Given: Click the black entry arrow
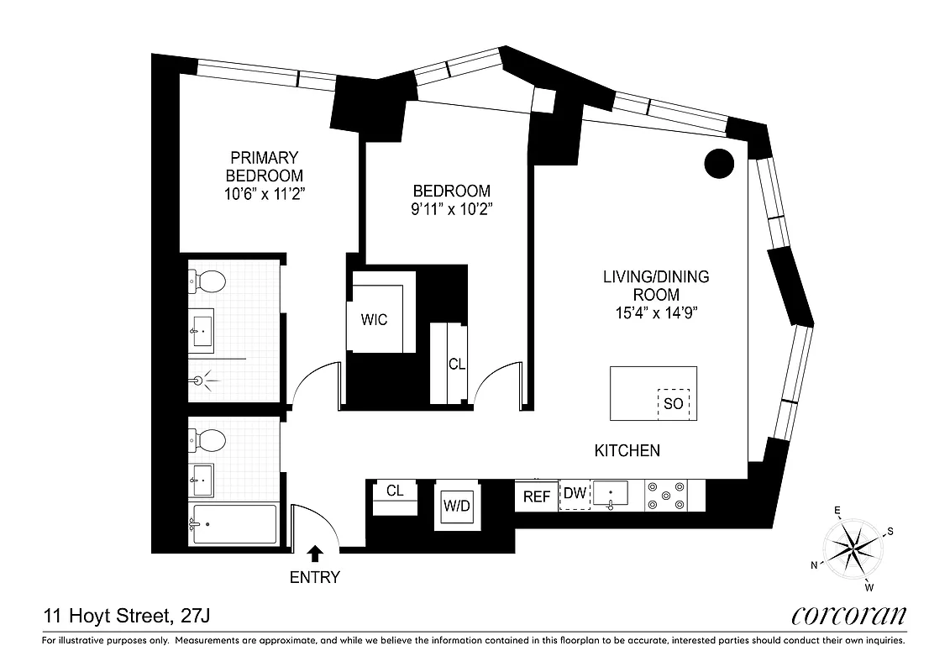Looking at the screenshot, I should (315, 553).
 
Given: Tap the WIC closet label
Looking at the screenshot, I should (374, 320).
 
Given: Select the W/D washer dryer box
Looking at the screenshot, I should (457, 507).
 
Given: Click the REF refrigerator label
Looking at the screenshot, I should (537, 496).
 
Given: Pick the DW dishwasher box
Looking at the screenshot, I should (575, 494).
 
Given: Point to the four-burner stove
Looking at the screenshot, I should (664, 495).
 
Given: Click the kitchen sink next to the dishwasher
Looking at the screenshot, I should (611, 494).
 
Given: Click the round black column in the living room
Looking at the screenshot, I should (720, 163).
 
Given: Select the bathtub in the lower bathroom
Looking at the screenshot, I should (234, 524).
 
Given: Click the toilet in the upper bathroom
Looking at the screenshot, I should (208, 282).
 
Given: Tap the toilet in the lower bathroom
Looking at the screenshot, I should (208, 440).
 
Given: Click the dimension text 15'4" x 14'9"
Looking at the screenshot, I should (656, 313).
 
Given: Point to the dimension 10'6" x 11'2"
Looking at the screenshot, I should (264, 194).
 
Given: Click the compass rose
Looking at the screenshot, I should (852, 549).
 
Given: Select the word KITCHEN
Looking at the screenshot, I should (627, 451).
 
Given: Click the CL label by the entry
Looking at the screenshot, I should (395, 491).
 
